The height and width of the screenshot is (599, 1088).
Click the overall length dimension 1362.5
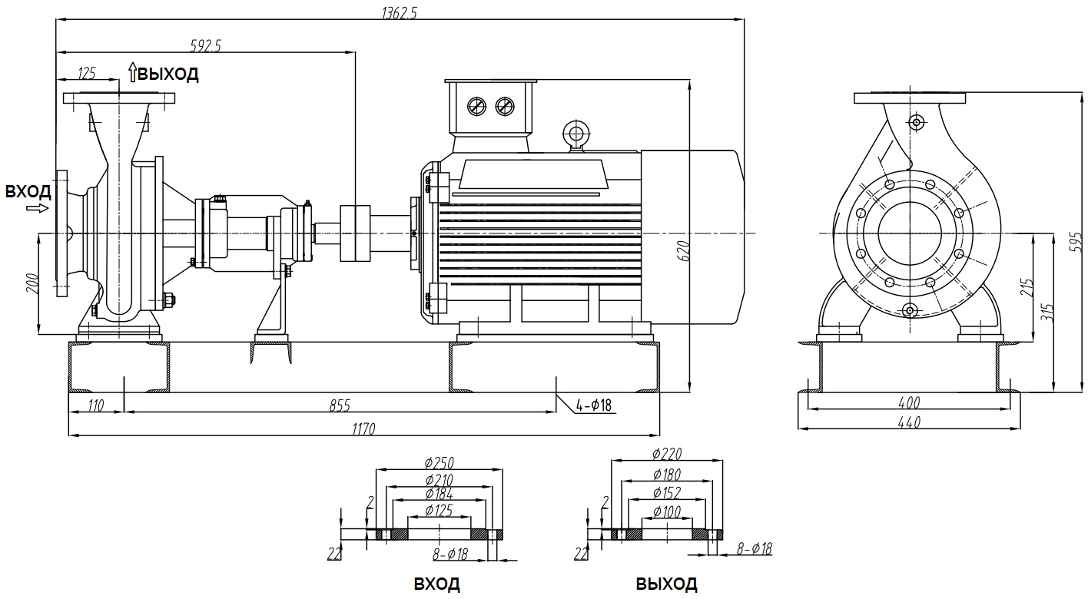(x=400, y=12)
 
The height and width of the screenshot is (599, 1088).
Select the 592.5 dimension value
(x=205, y=45)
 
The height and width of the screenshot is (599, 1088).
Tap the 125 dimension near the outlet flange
(x=87, y=73)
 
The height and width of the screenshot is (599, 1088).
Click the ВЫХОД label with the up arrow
(x=164, y=74)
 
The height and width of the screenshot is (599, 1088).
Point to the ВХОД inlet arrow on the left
(x=38, y=208)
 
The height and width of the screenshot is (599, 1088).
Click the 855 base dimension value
(x=340, y=405)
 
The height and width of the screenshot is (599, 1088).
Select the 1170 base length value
(x=363, y=429)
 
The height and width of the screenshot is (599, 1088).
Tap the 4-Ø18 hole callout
(x=593, y=405)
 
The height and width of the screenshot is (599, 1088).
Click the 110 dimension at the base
(x=96, y=405)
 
